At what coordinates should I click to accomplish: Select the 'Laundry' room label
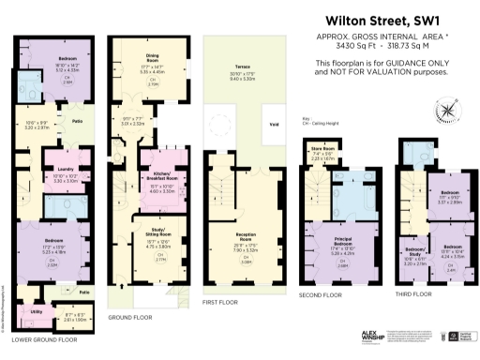52,169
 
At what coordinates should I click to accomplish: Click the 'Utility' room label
37,310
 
